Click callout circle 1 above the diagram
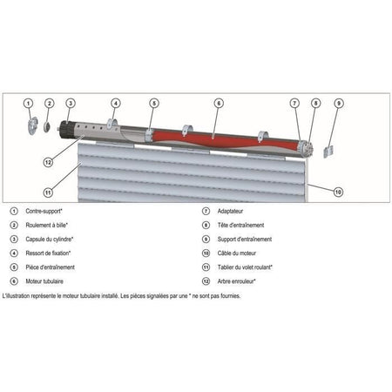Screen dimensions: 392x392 (28, 103)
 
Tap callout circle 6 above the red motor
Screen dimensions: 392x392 (219, 103)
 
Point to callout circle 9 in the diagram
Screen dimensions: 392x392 (338, 103)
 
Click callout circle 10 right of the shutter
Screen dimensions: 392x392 (338, 191)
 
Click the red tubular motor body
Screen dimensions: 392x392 (218, 136)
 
